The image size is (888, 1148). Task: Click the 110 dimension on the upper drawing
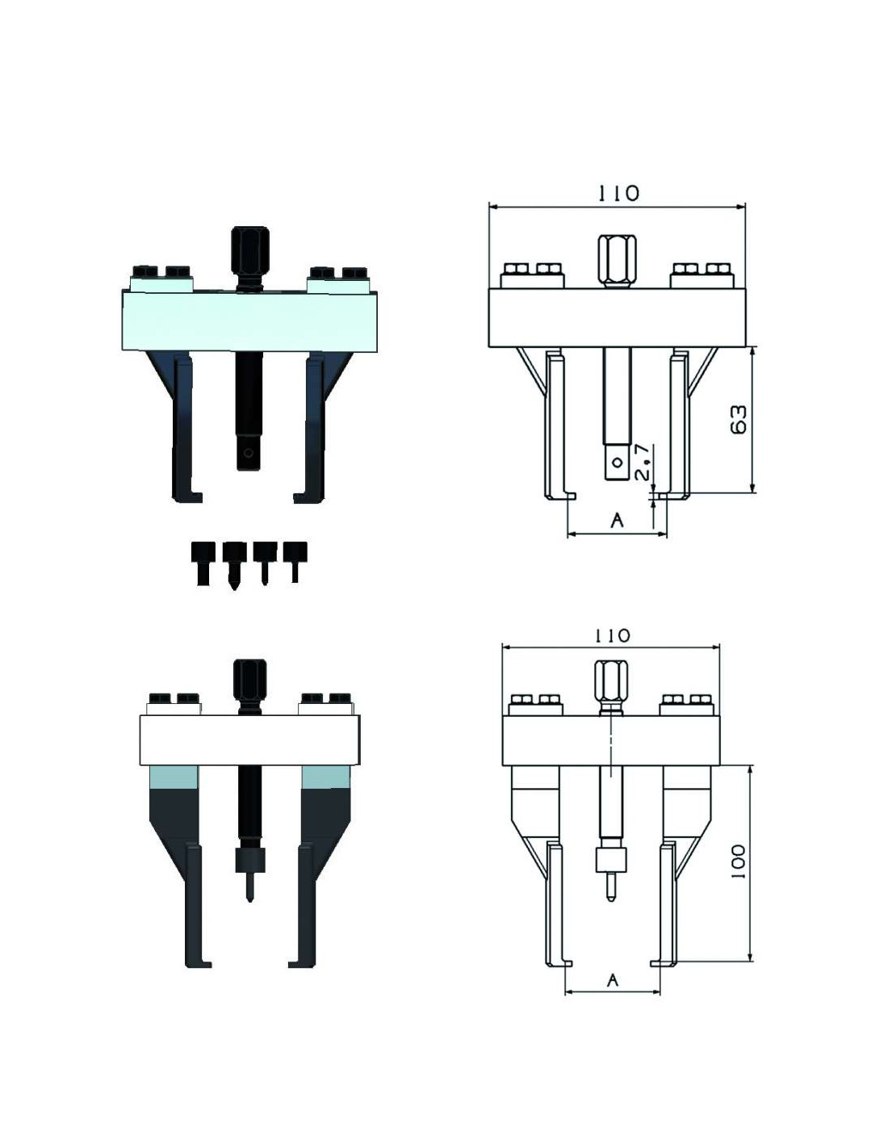pyautogui.click(x=618, y=193)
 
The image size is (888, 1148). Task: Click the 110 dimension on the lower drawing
pyautogui.click(x=611, y=636)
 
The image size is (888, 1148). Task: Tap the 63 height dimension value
pyautogui.click(x=738, y=420)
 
